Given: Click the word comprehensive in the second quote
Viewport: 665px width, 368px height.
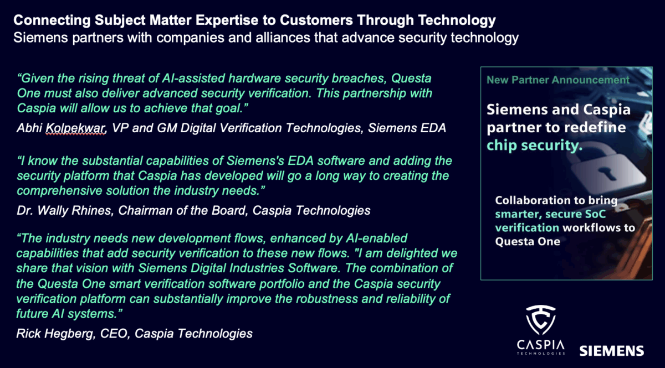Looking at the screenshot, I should pos(55,190).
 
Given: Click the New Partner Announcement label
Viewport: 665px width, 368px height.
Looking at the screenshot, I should pos(557,80).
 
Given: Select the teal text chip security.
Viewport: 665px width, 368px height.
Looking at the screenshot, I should pos(534,146).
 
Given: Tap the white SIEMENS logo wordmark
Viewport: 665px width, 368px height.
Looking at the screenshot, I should pos(611,350).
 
